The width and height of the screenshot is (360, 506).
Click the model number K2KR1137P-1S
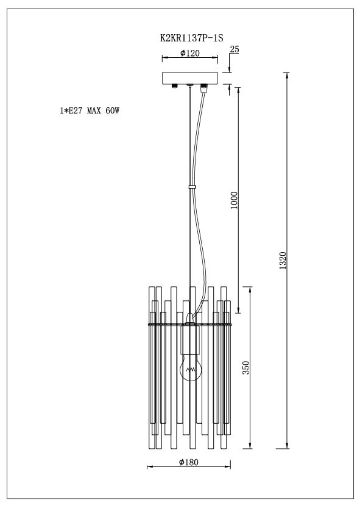coord(190,38)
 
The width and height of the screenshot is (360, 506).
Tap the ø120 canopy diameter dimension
coord(190,54)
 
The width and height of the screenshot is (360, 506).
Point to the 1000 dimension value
coord(235,200)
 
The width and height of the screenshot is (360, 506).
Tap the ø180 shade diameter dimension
coord(189,462)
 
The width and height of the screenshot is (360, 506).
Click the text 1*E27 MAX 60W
coord(85,112)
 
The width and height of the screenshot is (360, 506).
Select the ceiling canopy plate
coord(190,78)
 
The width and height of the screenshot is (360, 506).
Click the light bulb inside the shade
coord(190,367)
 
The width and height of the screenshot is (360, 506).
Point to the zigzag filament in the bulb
coord(190,370)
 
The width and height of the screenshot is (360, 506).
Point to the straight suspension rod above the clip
coord(189,134)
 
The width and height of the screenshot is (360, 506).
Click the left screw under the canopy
coord(175,87)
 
